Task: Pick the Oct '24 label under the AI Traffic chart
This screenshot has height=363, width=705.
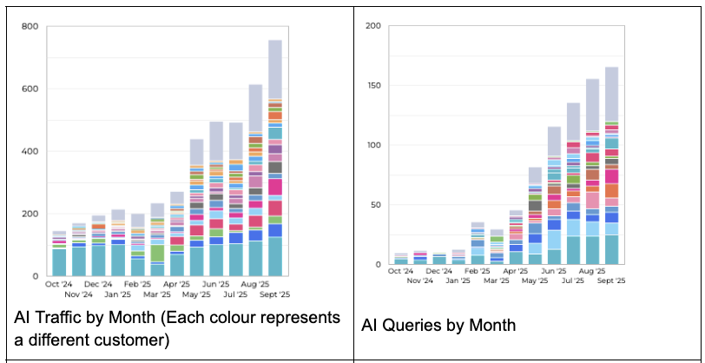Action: (x=57, y=284)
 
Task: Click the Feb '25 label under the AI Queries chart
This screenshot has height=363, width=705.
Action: (x=477, y=271)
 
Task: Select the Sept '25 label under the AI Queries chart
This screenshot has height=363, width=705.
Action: (x=610, y=280)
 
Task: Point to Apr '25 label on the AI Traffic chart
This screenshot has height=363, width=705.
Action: (x=176, y=284)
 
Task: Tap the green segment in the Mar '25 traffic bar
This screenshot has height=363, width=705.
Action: (x=157, y=253)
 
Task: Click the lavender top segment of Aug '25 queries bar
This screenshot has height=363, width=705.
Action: (x=593, y=105)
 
